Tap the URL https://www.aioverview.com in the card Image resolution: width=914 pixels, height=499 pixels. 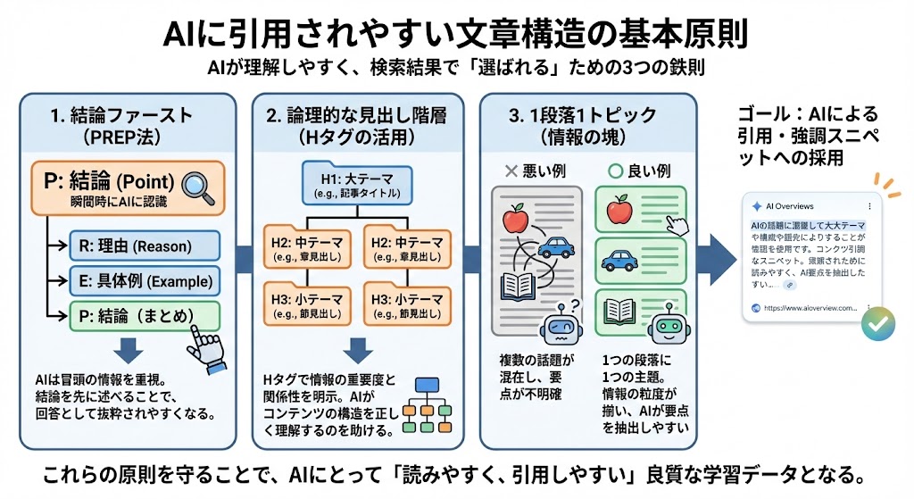(x=812, y=308)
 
